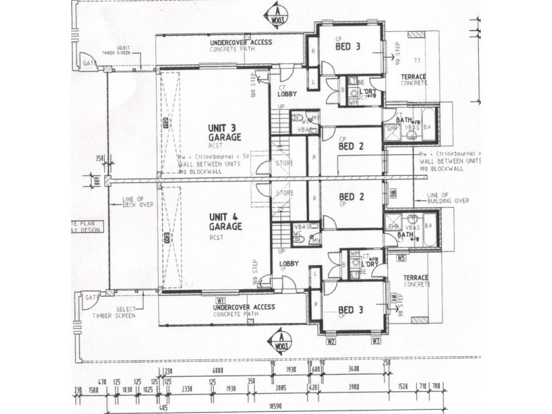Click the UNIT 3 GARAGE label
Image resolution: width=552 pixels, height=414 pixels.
click(x=224, y=133)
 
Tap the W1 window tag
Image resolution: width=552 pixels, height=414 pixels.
click(x=221, y=300)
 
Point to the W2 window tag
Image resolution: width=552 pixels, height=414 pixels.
click(x=331, y=341)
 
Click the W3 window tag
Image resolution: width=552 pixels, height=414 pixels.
click(x=376, y=341)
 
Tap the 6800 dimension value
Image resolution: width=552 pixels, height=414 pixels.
click(x=217, y=371)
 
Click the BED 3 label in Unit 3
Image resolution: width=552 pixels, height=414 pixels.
click(x=346, y=47)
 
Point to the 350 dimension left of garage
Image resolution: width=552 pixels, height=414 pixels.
click(x=100, y=158)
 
